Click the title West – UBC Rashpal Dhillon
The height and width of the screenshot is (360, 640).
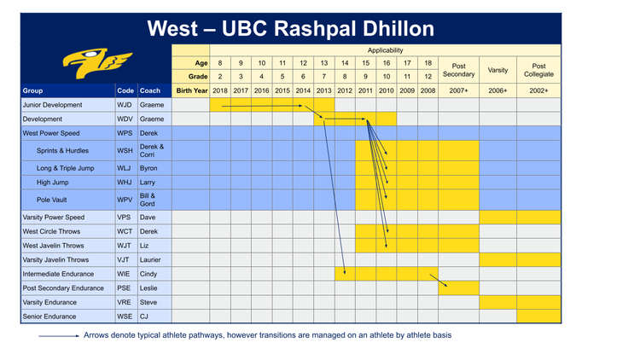pyautogui.click(x=290, y=28)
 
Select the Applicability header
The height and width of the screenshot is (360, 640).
pyautogui.click(x=386, y=50)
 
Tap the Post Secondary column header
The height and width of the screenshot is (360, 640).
pyautogui.click(x=458, y=69)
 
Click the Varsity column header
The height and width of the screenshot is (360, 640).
pyautogui.click(x=497, y=69)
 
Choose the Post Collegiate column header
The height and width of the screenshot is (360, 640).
pyautogui.click(x=538, y=69)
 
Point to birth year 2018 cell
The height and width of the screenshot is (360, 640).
pyautogui.click(x=220, y=90)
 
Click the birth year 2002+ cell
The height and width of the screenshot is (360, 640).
pyautogui.click(x=538, y=90)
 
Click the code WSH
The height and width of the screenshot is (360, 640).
pyautogui.click(x=125, y=151)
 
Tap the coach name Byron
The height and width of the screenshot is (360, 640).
pyautogui.click(x=149, y=169)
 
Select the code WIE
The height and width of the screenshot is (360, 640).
pyautogui.click(x=125, y=274)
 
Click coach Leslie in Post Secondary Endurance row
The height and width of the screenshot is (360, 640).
pyautogui.click(x=150, y=288)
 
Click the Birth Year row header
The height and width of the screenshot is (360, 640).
pyautogui.click(x=191, y=90)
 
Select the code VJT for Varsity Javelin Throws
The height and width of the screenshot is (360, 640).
pyautogui.click(x=125, y=259)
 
